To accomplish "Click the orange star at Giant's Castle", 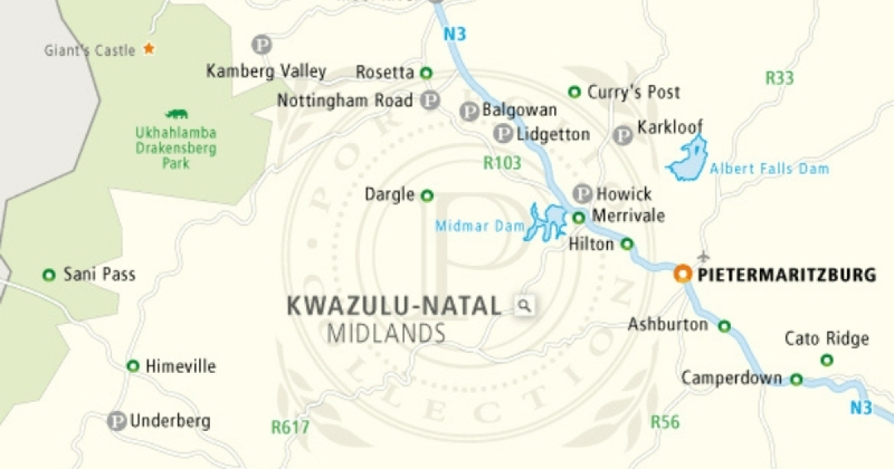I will [x=149, y=49].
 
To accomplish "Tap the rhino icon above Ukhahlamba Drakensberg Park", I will [x=177, y=114].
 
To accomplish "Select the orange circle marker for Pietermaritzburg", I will [x=682, y=274].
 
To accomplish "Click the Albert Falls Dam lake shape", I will [x=688, y=159].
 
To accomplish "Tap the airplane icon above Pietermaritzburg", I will [x=704, y=258].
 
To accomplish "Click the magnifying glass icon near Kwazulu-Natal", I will [x=524, y=305].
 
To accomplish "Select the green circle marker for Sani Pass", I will [x=49, y=275].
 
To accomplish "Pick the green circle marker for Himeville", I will [x=133, y=366].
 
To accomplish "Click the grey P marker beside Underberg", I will [x=116, y=421].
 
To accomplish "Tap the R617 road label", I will [x=290, y=427].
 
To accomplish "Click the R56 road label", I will [x=665, y=422].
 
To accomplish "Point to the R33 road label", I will [x=780, y=77].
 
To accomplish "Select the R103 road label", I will [x=502, y=163].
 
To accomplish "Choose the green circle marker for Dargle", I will [x=427, y=196].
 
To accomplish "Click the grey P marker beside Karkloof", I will [x=623, y=135].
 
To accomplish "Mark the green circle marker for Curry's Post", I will [x=574, y=92].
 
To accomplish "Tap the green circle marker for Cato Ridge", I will [x=826, y=360].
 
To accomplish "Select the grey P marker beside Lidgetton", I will [x=504, y=134].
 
